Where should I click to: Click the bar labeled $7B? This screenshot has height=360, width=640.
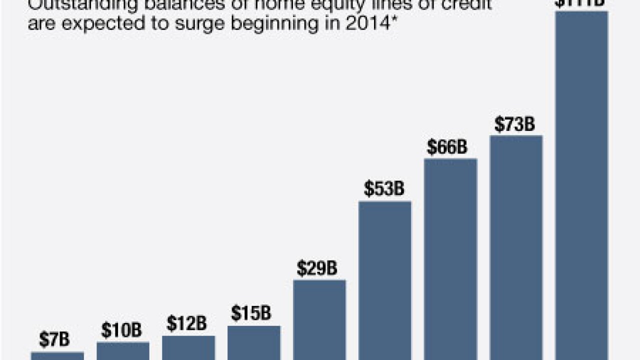(x=57, y=355)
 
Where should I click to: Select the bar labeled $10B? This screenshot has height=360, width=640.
(x=122, y=350)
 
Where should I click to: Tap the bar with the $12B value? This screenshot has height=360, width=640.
(x=188, y=347)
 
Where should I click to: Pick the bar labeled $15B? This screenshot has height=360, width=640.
(x=254, y=342)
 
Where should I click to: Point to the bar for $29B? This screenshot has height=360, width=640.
(x=319, y=319)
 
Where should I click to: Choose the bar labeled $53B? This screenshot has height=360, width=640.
(x=385, y=280)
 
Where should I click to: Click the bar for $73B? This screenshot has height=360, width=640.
(x=516, y=247)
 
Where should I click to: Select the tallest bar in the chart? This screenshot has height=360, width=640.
(x=581, y=185)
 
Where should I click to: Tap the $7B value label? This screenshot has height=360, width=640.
(x=54, y=340)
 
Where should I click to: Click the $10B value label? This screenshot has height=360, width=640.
(x=121, y=330)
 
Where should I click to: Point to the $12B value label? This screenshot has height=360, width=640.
(x=186, y=324)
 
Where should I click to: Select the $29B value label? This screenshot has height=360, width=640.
(x=317, y=268)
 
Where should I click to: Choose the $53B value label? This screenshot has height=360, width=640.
(x=384, y=189)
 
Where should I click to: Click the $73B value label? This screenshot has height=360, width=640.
(x=514, y=124)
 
